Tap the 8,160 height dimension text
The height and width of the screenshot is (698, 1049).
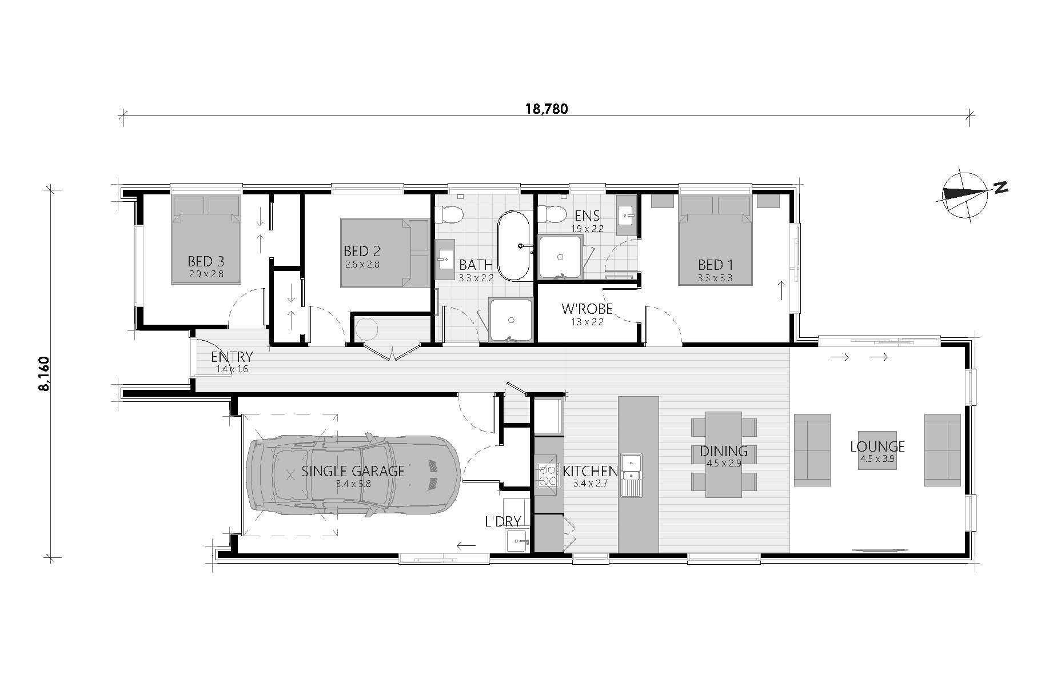click(x=44, y=374)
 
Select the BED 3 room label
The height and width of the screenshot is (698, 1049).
click(x=206, y=261)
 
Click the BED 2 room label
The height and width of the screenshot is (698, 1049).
click(x=362, y=251)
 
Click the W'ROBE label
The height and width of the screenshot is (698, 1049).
click(x=587, y=309)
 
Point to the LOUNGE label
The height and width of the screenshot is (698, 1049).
click(x=877, y=446)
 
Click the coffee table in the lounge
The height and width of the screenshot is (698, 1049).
click(x=877, y=450)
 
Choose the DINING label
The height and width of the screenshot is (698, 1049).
click(x=724, y=452)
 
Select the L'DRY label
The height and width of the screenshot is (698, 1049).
click(x=502, y=521)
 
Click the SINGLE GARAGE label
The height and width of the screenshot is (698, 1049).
click(x=353, y=471)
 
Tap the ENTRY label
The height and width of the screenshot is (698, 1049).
click(x=232, y=357)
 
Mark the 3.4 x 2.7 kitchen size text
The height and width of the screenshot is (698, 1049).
click(x=590, y=483)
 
